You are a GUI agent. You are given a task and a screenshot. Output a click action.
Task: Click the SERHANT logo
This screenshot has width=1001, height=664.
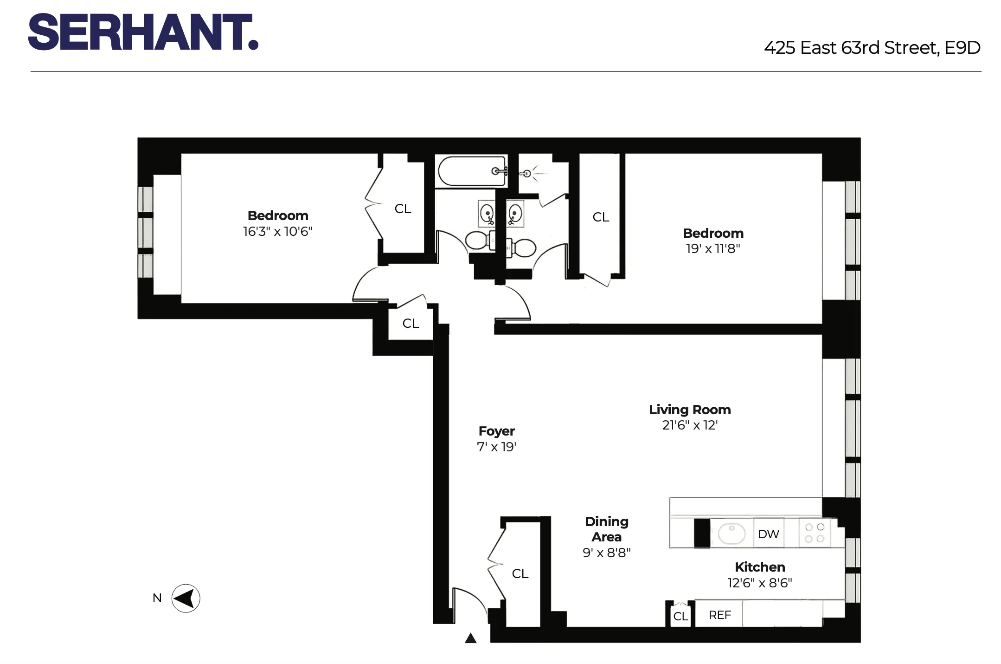click(143, 32)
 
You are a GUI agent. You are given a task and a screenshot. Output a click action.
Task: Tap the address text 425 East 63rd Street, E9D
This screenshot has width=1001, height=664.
click(872, 48)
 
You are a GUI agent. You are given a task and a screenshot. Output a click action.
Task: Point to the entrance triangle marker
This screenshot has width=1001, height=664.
click(470, 638)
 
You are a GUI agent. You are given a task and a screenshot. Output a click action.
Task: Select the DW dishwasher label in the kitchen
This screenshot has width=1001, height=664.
click(768, 534)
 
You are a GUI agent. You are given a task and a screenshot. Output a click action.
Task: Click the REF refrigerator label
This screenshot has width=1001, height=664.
click(719, 615)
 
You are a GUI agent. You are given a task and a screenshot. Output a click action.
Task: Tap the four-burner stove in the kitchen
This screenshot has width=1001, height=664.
click(815, 533)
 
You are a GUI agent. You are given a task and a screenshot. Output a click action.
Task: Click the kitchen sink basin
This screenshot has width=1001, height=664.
click(731, 534)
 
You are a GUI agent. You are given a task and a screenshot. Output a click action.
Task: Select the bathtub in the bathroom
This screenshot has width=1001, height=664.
click(470, 171)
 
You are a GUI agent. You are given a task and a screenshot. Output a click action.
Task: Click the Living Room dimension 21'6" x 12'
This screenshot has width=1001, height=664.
click(690, 425)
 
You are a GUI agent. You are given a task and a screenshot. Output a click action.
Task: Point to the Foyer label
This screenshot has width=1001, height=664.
click(496, 431)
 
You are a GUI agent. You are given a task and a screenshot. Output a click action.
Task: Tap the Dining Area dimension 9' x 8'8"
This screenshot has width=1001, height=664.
click(606, 553)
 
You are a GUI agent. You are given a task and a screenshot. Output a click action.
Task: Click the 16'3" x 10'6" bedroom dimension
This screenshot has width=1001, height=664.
click(277, 231)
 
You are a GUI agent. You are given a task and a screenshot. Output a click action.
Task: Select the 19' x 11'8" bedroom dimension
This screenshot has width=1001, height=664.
click(713, 249)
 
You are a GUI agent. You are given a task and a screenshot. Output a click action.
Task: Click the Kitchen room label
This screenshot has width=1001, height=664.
click(759, 567)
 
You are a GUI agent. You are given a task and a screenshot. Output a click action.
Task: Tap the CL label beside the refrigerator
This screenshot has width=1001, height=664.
click(680, 616)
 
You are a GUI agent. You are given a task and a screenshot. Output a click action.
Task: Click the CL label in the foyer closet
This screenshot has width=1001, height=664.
click(520, 574)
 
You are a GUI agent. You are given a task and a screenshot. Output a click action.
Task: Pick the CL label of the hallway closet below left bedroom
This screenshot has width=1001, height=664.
click(411, 323)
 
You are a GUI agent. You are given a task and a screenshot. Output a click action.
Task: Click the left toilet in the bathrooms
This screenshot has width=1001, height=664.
click(478, 241)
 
